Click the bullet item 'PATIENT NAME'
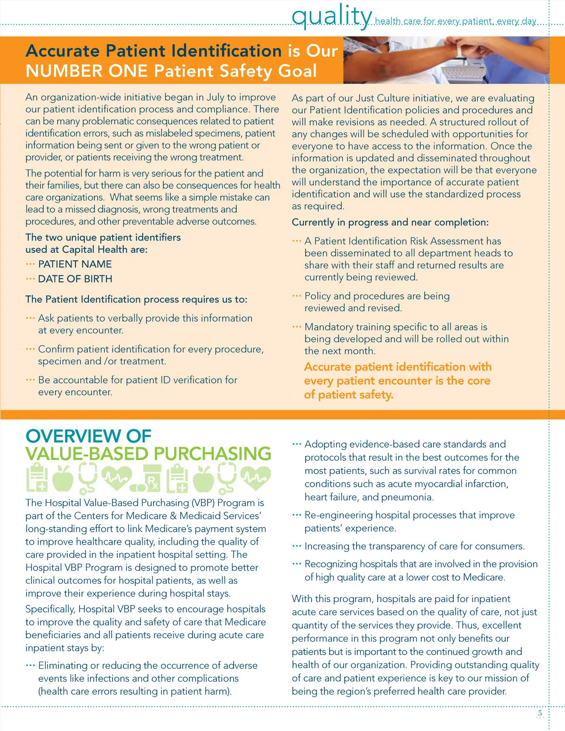click(x=75, y=264)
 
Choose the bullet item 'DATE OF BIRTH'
click(x=75, y=279)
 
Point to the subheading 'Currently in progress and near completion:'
click(x=390, y=222)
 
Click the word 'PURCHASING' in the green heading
click(x=212, y=454)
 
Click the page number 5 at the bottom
click(x=540, y=714)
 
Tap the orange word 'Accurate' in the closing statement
click(x=328, y=367)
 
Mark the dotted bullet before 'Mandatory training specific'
click(x=297, y=326)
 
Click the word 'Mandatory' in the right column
click(x=328, y=327)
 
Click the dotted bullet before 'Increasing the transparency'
click(x=297, y=546)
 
